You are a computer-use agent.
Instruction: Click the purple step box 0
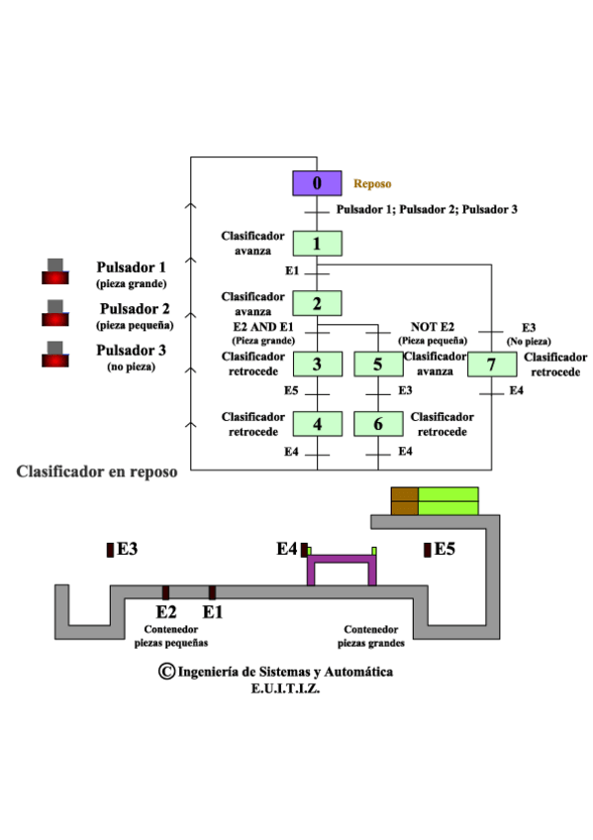click(317, 183)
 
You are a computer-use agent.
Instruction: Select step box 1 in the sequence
click(317, 244)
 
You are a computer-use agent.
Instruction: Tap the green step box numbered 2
click(317, 303)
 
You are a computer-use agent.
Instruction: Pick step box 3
click(317, 364)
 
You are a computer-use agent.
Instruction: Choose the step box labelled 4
click(317, 424)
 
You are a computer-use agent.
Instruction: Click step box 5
click(378, 364)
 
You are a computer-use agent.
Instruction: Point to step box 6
click(378, 424)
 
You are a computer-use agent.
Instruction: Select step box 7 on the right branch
click(492, 364)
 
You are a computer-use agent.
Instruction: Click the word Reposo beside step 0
click(372, 184)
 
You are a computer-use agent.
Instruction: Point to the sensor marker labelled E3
click(110, 548)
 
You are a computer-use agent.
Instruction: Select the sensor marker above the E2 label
click(165, 592)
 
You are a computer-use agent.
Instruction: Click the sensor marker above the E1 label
click(212, 592)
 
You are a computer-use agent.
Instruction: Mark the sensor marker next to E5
click(427, 549)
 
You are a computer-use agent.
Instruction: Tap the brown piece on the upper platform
click(405, 501)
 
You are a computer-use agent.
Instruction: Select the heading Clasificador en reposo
click(97, 472)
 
